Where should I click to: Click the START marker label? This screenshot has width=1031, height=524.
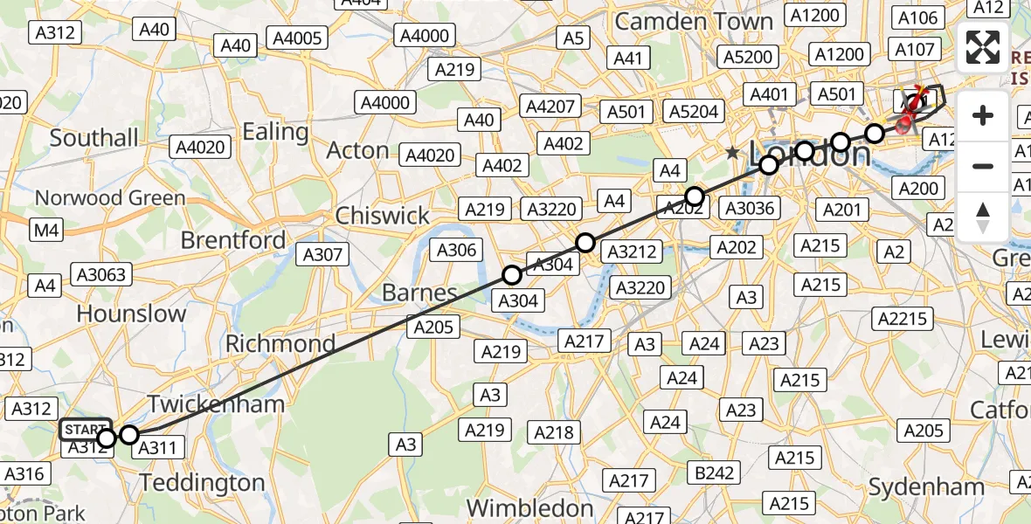pyautogui.click(x=85, y=429)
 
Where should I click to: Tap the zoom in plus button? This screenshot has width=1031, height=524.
pyautogui.click(x=983, y=115)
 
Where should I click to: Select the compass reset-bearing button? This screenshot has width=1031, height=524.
pyautogui.click(x=983, y=217)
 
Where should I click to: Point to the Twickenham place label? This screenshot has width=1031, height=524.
pyautogui.click(x=216, y=403)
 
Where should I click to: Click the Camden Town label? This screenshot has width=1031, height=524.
pyautogui.click(x=694, y=22)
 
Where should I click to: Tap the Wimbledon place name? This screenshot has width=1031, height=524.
pyautogui.click(x=529, y=507)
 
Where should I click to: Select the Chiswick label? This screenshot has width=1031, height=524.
pyautogui.click(x=383, y=216)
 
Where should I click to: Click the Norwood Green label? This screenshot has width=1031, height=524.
pyautogui.click(x=110, y=198)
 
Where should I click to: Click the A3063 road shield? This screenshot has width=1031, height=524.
pyautogui.click(x=101, y=274)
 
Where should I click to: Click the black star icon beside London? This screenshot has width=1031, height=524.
pyautogui.click(x=732, y=153)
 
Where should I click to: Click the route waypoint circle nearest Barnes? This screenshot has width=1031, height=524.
pyautogui.click(x=512, y=276)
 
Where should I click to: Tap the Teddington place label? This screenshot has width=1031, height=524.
pyautogui.click(x=202, y=483)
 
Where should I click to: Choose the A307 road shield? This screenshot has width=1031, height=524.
pyautogui.click(x=323, y=254)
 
